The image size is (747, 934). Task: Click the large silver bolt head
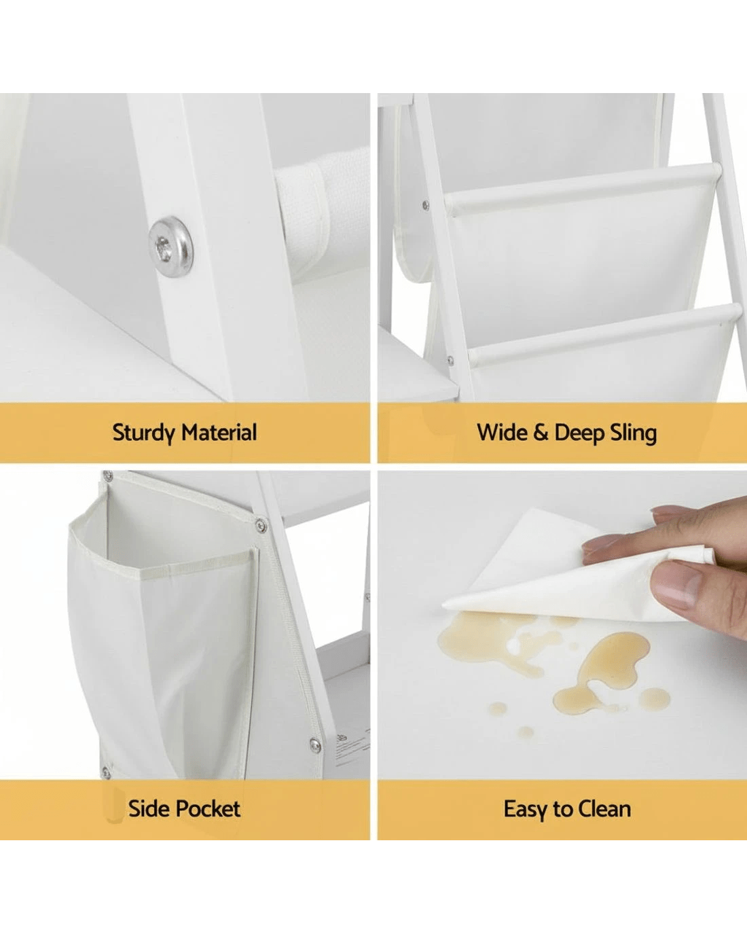click(171, 246)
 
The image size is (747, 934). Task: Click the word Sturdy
click(143, 433)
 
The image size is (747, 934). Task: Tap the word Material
click(219, 432)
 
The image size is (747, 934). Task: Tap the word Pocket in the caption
click(208, 808)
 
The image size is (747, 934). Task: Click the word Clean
click(604, 809)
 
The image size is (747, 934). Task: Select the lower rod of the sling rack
click(606, 334)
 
